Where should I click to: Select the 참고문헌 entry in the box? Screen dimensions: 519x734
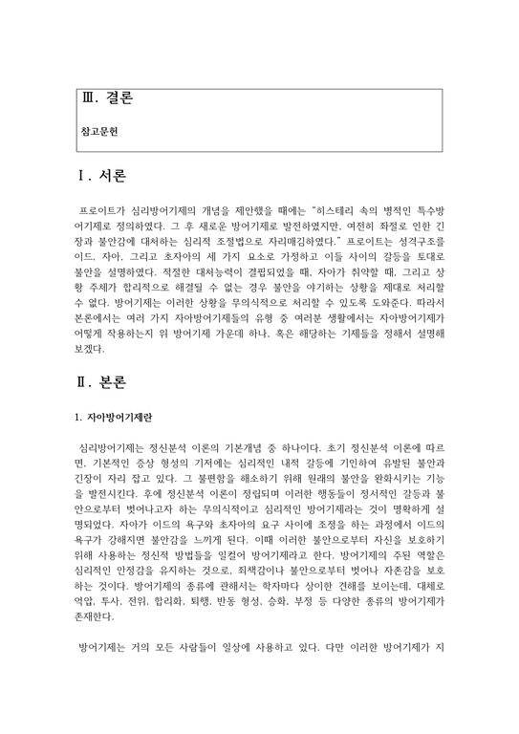[x=99, y=125]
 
